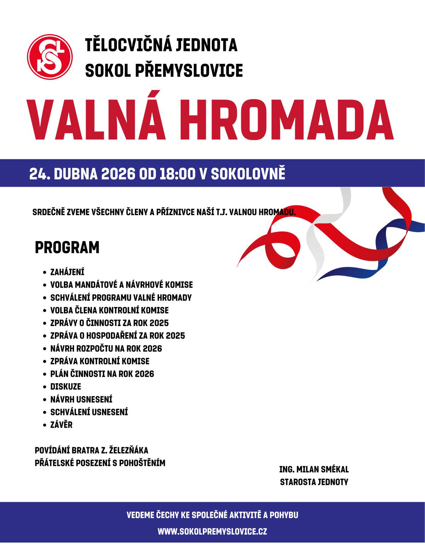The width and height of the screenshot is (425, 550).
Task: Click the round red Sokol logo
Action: point(50,57)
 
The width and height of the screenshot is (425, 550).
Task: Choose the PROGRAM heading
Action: point(67,248)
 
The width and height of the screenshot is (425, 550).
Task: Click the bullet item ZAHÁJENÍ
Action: point(67,272)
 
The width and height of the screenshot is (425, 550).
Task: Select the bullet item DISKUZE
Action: point(66,387)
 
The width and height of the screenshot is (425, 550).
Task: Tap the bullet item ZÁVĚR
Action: point(61,425)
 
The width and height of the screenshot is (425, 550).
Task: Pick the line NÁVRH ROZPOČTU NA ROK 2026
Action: point(106,348)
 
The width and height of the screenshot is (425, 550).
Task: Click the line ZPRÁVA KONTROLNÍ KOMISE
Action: point(100,361)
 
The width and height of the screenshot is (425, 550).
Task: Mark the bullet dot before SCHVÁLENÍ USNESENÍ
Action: point(44,412)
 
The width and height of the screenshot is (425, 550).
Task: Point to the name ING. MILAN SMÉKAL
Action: point(314,470)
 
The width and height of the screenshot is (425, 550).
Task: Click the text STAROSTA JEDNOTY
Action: point(314,482)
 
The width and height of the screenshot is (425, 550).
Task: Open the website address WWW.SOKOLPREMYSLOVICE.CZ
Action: point(212,532)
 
